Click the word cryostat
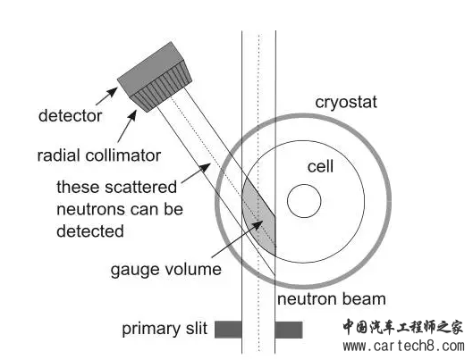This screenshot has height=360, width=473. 346,103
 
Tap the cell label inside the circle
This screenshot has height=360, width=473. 320,166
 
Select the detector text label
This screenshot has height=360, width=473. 71,115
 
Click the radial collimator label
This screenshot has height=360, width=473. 99,155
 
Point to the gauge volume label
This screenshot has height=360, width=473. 166,269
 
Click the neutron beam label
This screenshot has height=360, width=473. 332,299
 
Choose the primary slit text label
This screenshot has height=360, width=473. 165,329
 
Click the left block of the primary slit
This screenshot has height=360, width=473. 228,330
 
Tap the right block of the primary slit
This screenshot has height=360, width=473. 289,330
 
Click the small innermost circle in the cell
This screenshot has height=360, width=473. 304,201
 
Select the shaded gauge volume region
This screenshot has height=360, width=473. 259,217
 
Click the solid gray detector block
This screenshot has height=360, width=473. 150,69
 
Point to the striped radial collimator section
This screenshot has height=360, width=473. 161,87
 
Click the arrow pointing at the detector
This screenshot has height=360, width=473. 106,96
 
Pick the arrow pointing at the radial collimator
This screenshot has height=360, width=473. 127,126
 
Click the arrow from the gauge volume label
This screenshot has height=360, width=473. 237,239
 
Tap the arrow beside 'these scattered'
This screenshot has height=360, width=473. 196,173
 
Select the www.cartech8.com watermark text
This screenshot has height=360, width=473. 404,346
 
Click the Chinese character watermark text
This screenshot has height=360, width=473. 402,327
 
